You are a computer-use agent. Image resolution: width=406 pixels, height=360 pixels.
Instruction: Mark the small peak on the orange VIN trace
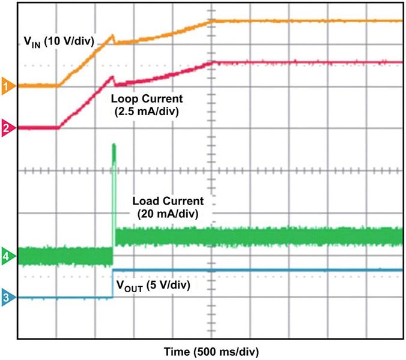112,35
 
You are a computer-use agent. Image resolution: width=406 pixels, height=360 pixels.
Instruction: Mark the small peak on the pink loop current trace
112,76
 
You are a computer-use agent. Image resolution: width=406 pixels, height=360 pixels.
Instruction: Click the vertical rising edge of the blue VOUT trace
113,284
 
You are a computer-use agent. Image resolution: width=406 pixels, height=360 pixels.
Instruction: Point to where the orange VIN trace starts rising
58,85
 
